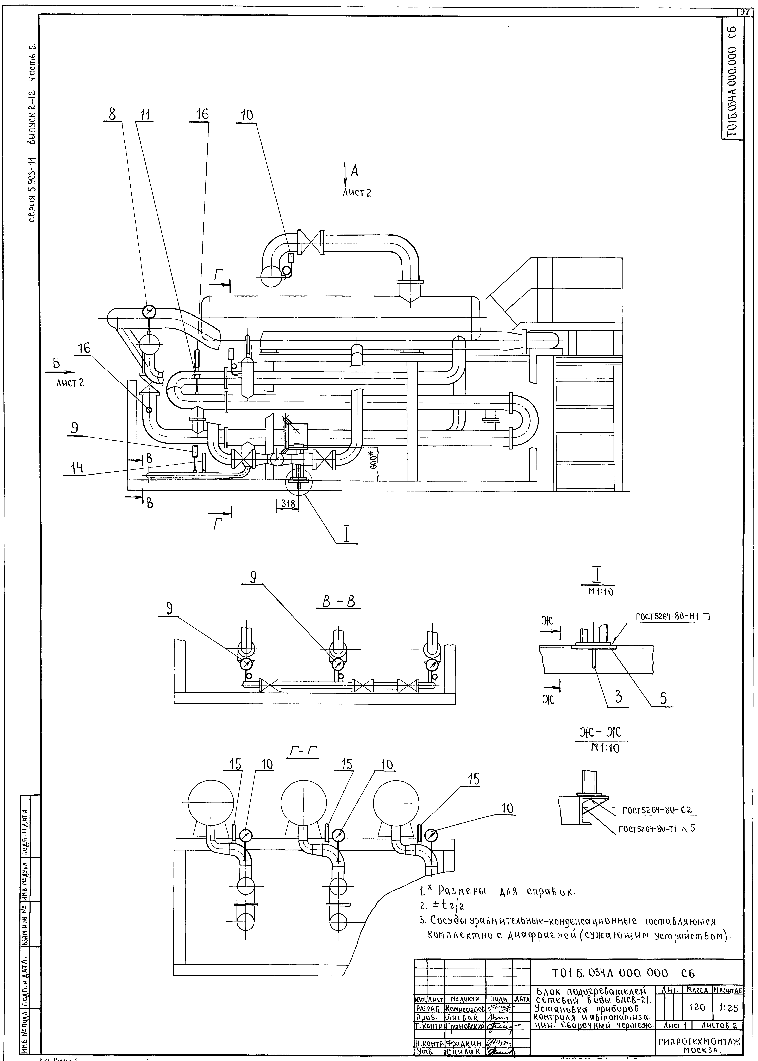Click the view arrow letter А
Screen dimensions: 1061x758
(354, 172)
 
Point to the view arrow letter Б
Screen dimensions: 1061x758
(56, 363)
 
